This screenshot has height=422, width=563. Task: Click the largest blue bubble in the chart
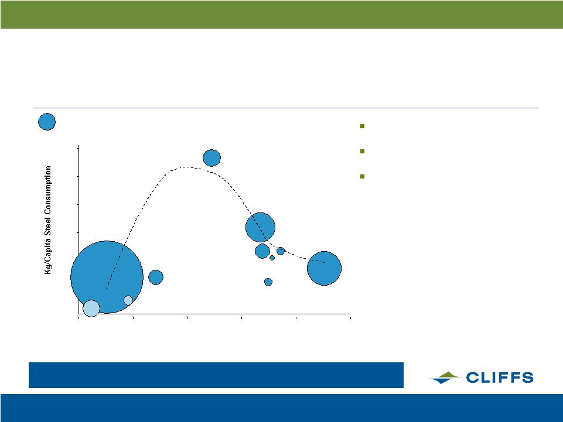click(107, 277)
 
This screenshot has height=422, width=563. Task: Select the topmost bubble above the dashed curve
click(212, 158)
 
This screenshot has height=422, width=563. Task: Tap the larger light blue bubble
click(91, 308)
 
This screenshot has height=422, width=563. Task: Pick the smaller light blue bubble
click(128, 300)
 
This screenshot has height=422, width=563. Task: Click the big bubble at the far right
click(324, 269)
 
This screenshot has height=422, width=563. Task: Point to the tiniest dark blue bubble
click(272, 258)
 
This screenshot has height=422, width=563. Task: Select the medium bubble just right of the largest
click(156, 277)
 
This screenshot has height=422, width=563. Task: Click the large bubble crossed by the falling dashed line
click(260, 228)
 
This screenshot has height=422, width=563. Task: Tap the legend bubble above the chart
click(47, 122)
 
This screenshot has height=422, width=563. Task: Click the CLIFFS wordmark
click(500, 378)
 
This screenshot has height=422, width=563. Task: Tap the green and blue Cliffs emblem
click(445, 378)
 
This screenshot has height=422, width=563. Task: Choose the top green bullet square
click(362, 126)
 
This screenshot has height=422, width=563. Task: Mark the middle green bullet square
click(362, 151)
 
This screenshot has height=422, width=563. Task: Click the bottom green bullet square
click(362, 176)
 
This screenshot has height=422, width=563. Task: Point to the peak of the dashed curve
click(183, 167)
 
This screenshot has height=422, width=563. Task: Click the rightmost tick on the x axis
click(350, 317)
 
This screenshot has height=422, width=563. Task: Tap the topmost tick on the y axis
click(77, 148)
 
